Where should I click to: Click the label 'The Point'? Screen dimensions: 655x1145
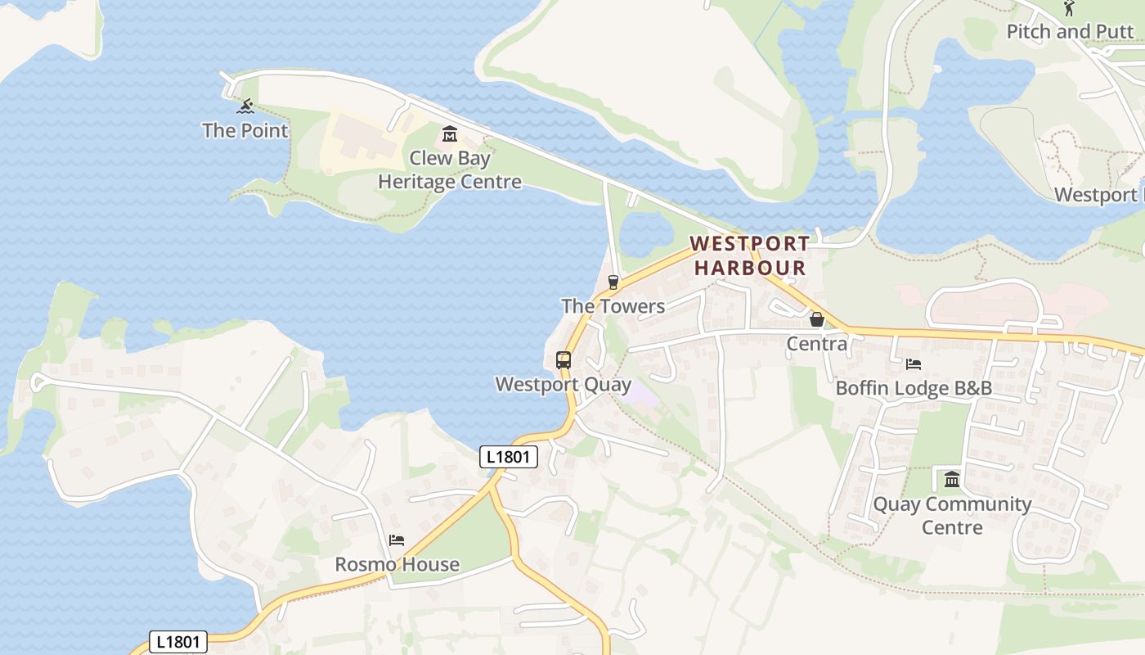point(245,130)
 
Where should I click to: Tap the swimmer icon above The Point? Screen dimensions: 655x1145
point(245,106)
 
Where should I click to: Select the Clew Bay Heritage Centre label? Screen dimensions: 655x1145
point(449,169)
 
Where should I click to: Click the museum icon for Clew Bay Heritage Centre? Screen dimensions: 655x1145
point(449,133)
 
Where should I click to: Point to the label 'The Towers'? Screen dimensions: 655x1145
point(613,306)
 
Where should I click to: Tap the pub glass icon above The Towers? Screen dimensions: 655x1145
point(613,282)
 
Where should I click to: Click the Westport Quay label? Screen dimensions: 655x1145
point(563,384)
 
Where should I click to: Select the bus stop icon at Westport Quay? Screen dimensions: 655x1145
point(563,359)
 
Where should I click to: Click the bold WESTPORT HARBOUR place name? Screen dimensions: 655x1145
point(749,255)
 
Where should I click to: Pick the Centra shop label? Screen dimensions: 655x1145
point(816,344)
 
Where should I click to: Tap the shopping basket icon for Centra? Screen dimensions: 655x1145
point(816,319)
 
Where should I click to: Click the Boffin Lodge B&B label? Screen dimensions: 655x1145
point(913,388)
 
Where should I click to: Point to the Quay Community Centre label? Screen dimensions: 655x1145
point(952,515)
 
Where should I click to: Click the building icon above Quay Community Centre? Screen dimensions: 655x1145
point(952,479)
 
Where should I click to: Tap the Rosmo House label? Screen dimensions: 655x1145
point(397,565)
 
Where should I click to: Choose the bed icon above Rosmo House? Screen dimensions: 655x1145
point(397,540)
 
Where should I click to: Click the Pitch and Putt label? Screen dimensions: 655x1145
point(1071,32)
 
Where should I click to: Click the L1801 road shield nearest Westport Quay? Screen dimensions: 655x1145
point(508,457)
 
